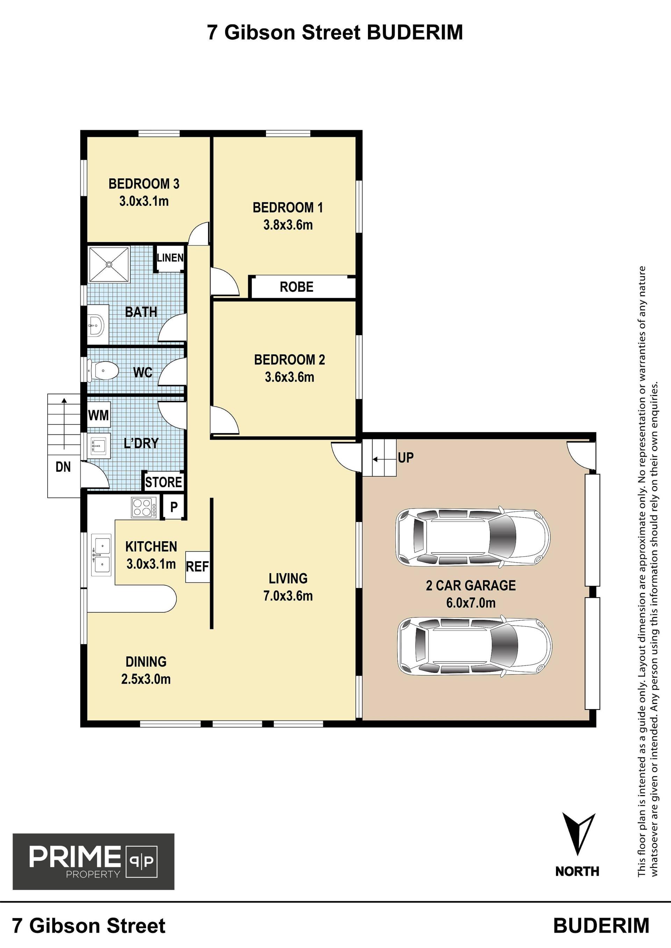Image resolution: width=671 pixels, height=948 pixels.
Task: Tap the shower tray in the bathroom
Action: coord(109,264)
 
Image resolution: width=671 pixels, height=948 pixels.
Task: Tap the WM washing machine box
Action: coord(98,414)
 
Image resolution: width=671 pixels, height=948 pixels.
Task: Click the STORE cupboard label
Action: coord(164,482)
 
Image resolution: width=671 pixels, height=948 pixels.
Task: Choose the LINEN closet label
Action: coord(170,258)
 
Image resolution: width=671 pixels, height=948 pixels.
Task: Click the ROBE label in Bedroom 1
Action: coord(297,287)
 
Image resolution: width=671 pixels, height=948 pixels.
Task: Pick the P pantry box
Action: coord(174,507)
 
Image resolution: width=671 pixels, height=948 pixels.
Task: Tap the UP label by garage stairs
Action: coord(406,457)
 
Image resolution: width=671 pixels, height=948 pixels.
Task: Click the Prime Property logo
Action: coord(93,861)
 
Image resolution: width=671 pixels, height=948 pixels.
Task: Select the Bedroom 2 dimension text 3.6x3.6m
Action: coord(290,377)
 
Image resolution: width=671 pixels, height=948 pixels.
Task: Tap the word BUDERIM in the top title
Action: coord(415,32)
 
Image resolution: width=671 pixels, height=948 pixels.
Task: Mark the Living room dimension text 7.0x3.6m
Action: coord(288,596)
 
